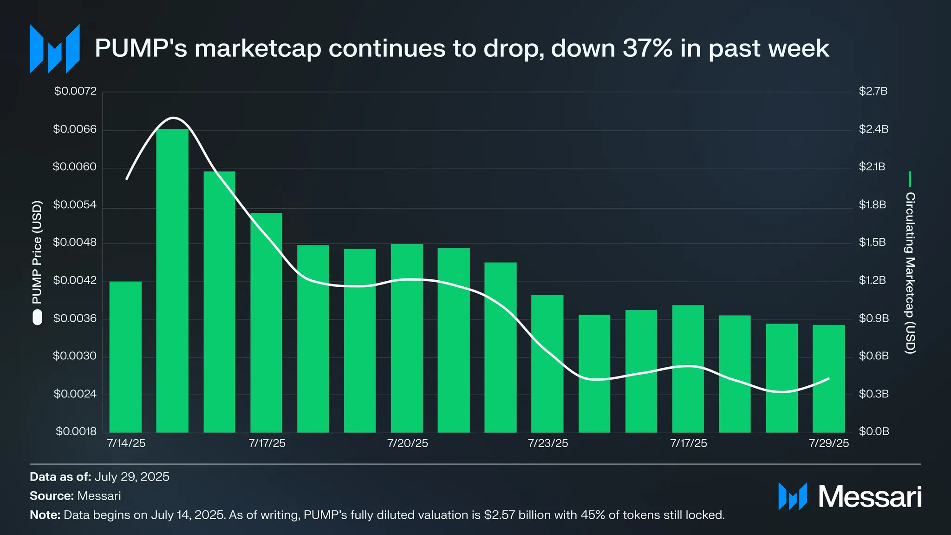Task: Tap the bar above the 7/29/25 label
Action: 828,379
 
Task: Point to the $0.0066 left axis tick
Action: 75,129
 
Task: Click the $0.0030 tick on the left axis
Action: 75,356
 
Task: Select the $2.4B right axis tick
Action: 873,129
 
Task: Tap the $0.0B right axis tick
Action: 873,431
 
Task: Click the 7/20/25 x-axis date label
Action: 407,443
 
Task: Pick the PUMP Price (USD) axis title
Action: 37,252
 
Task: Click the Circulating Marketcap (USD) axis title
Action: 910,273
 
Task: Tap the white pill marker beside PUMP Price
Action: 37,318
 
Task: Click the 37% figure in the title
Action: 647,48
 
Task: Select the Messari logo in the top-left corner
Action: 54,49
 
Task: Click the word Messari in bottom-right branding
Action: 869,497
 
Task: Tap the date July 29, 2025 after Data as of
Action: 132,477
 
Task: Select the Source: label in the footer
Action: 52,496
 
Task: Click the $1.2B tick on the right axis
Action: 873,280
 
